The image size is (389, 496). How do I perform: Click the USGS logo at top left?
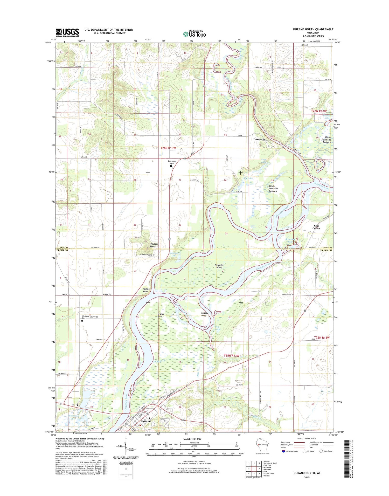tap(67, 33)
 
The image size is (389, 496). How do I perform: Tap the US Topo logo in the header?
tap(195, 34)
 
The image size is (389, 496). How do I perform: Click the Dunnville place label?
tap(259, 139)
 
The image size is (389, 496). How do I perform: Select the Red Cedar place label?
tap(316, 227)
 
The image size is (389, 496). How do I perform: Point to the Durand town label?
tap(145, 421)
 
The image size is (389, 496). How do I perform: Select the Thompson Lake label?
tap(73, 417)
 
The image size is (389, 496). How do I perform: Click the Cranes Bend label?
tap(161, 315)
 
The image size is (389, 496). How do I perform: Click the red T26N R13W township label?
tap(168, 148)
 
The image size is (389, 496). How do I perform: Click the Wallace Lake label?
tap(327, 116)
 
